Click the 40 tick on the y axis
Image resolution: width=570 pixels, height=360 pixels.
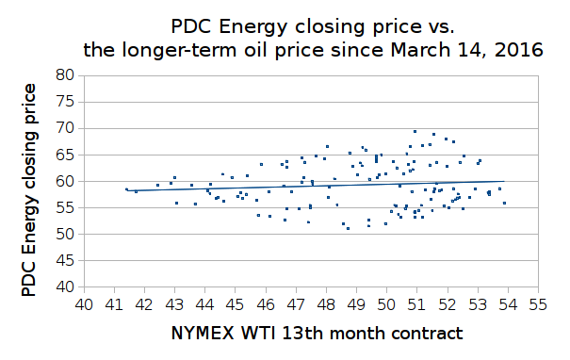click(x=66, y=286)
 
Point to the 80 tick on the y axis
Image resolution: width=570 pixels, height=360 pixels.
click(x=66, y=75)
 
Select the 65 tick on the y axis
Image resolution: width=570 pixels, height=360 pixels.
click(x=66, y=155)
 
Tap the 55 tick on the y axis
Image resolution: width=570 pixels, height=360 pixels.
click(x=66, y=207)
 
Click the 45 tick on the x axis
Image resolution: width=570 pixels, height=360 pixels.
click(x=236, y=305)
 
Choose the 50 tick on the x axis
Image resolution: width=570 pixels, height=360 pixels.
click(x=386, y=305)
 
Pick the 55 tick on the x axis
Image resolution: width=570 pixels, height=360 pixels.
click(x=538, y=305)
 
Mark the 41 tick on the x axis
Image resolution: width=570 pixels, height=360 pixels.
click(x=114, y=305)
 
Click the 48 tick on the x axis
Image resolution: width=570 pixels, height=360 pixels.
click(x=326, y=305)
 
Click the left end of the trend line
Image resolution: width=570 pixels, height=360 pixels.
click(x=125, y=190)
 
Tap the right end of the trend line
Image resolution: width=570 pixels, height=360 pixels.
click(x=505, y=181)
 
